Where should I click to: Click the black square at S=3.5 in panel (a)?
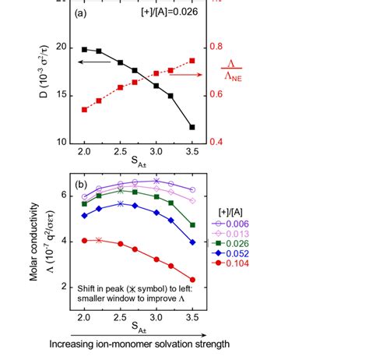(x=192, y=127)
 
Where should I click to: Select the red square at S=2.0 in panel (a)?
(x=84, y=110)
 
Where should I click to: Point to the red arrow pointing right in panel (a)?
(x=185, y=74)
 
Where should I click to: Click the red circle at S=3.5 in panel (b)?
(x=192, y=280)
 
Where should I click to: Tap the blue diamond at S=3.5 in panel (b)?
(x=192, y=242)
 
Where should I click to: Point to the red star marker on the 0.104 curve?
(x=99, y=241)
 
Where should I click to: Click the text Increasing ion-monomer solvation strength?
(x=138, y=344)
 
